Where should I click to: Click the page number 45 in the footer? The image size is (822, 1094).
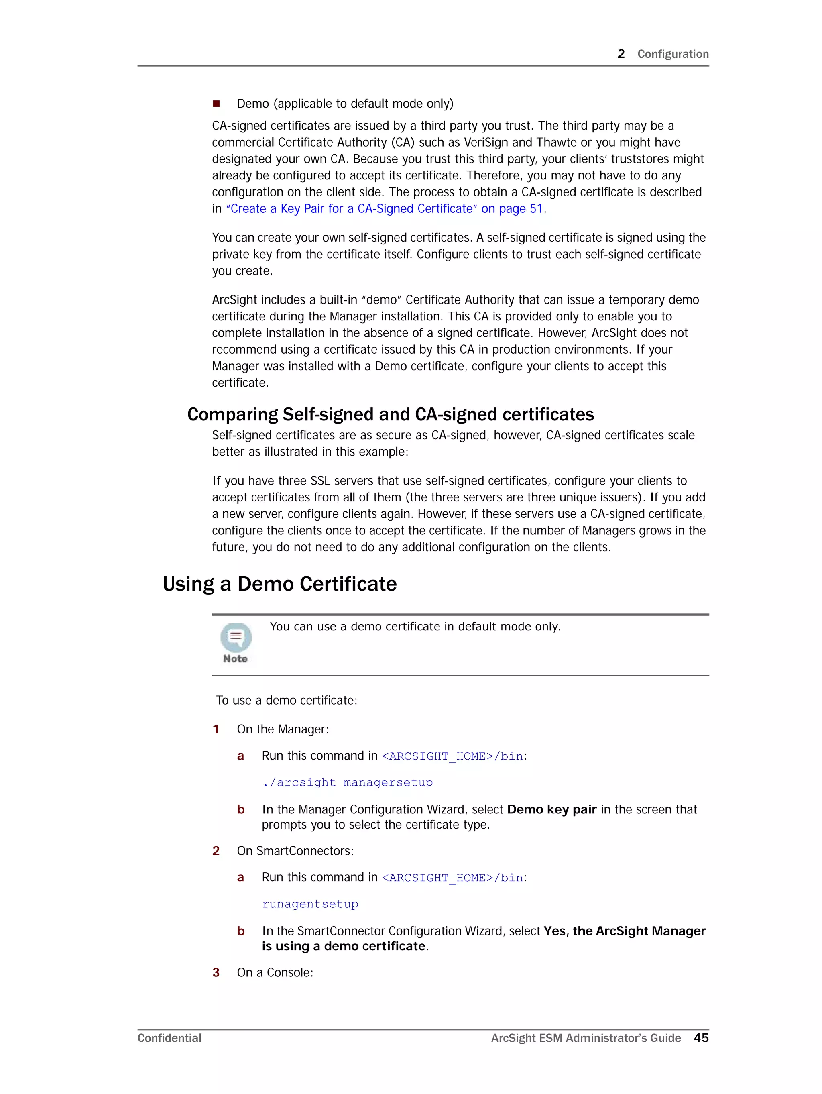pyautogui.click(x=700, y=1038)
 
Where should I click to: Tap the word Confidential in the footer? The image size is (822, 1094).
pyautogui.click(x=169, y=1038)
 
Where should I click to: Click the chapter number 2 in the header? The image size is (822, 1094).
pyautogui.click(x=621, y=54)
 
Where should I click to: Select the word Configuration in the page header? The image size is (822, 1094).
pyautogui.click(x=673, y=54)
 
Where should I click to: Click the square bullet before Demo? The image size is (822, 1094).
pyautogui.click(x=216, y=104)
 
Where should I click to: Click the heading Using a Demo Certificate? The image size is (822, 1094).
pyautogui.click(x=279, y=584)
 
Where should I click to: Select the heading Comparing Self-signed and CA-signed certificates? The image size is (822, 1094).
pyautogui.click(x=390, y=414)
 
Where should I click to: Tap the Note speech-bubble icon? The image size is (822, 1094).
pyautogui.click(x=236, y=638)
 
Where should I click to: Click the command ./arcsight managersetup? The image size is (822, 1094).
pyautogui.click(x=348, y=782)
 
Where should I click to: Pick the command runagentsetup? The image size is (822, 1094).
pyautogui.click(x=310, y=904)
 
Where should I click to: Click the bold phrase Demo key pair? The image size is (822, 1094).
pyautogui.click(x=551, y=810)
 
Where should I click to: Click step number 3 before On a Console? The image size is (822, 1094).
pyautogui.click(x=216, y=972)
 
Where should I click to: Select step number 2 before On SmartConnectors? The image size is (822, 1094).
pyautogui.click(x=216, y=851)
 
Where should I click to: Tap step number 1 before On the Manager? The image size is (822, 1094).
pyautogui.click(x=216, y=729)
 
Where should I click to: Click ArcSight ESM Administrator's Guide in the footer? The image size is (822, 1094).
pyautogui.click(x=586, y=1038)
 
